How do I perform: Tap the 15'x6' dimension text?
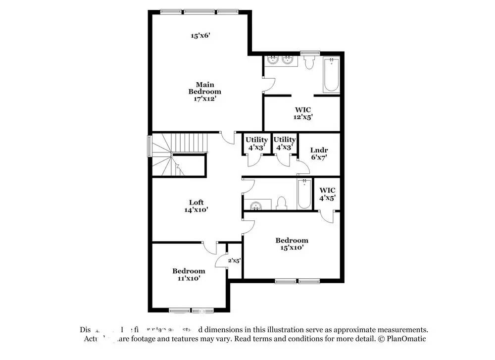pos(201,36)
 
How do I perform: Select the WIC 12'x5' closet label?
pos(302,113)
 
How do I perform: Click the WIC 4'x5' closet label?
pos(327,194)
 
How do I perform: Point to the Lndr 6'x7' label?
pos(318,154)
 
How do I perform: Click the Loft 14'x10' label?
pos(196,206)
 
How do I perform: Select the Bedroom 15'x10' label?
pos(292,244)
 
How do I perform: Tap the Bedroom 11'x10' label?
pos(189,274)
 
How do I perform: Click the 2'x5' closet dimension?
pos(234,260)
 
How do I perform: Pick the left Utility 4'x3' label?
pos(256,144)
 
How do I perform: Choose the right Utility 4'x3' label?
pos(285,144)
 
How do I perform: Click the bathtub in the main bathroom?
pos(331,75)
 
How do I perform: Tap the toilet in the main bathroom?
pos(309,62)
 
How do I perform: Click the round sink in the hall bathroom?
pos(256,205)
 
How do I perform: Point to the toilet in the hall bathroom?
pos(282,203)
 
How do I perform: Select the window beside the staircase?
pos(149,147)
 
